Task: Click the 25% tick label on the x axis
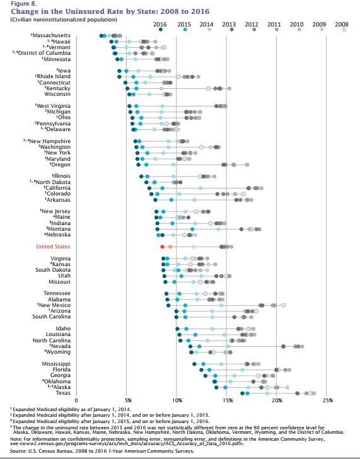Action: click(327, 400)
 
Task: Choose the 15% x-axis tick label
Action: click(227, 400)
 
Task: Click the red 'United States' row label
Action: click(53, 247)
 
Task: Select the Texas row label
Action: click(63, 393)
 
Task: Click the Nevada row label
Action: click(60, 346)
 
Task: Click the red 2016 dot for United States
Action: click(162, 247)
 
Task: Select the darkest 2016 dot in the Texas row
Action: click(242, 393)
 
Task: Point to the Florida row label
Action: click(61, 369)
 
